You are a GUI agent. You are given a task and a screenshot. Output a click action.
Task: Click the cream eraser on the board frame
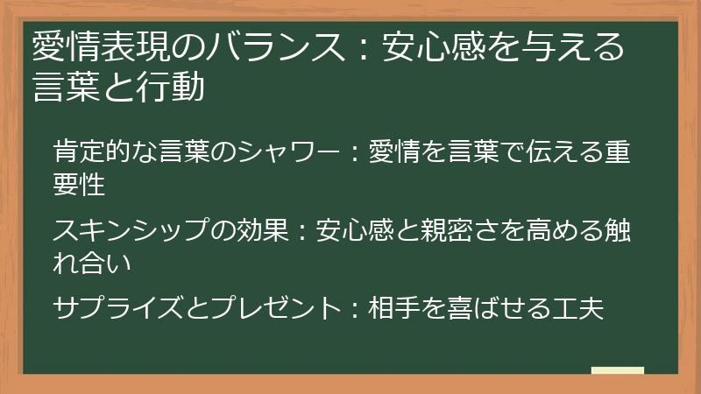click(617, 370)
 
